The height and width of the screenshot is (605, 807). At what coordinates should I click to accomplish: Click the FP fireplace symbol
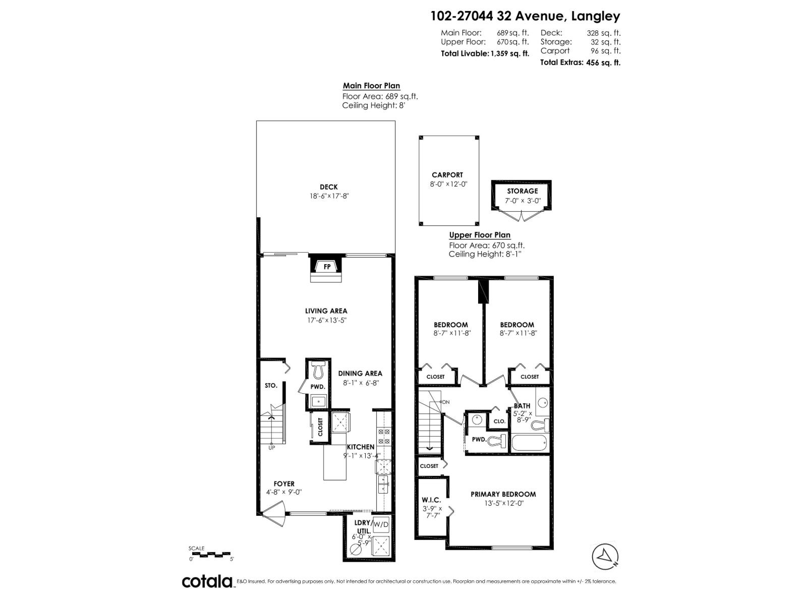(327, 266)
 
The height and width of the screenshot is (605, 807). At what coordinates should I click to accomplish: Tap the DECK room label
(328, 187)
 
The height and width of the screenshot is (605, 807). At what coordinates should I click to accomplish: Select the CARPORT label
(447, 175)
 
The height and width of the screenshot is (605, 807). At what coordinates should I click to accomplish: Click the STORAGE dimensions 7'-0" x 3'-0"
(523, 200)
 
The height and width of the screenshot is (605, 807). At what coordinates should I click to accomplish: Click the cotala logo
(207, 581)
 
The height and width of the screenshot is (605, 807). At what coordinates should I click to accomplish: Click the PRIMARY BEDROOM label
(503, 494)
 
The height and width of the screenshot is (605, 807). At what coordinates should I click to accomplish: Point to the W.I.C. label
(431, 500)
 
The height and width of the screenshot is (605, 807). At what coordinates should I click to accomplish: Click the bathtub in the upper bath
(529, 444)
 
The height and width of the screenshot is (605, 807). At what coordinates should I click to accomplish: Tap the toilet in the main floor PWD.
(318, 371)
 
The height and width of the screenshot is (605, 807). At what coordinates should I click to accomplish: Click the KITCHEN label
(361, 447)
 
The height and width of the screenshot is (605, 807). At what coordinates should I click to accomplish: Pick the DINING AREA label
(360, 374)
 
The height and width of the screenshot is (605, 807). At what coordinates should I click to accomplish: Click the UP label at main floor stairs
(271, 448)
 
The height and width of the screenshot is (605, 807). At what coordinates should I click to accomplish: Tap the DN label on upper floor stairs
(445, 402)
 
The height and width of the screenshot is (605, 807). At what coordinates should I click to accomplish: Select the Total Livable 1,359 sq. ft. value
(510, 53)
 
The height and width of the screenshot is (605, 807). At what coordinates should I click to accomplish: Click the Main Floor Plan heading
(371, 86)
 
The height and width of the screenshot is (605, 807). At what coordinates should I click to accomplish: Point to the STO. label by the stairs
(271, 385)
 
